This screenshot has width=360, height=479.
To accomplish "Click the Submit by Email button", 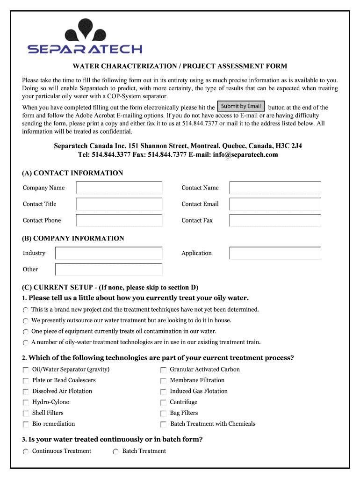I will click(241, 106).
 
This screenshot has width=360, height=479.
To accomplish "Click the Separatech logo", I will click(85, 37).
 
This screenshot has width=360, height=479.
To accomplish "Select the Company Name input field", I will click(119, 188).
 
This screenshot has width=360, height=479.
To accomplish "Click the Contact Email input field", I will click(275, 204).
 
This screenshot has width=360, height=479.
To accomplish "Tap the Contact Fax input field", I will click(275, 220).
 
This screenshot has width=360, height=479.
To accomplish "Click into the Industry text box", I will click(108, 253).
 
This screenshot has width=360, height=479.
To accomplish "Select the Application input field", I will click(275, 253).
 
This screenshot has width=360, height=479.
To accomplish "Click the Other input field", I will click(108, 269).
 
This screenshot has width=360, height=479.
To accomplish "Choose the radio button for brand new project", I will click(26, 310).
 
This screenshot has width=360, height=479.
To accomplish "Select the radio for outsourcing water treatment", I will click(26, 321).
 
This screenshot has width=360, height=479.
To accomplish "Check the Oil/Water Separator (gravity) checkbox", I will click(26, 370).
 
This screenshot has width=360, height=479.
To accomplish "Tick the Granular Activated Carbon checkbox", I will click(163, 370).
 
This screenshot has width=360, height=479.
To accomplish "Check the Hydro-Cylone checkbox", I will click(26, 403).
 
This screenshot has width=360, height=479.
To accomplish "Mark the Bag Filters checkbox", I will click(163, 414).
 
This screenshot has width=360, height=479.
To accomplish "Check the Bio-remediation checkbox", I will click(26, 424).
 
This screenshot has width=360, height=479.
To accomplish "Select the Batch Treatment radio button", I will click(115, 451).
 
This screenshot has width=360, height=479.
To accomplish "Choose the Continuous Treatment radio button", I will click(26, 451).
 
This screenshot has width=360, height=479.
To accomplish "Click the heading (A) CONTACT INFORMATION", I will click(72, 173).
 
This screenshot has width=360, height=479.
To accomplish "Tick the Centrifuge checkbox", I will click(163, 403).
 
